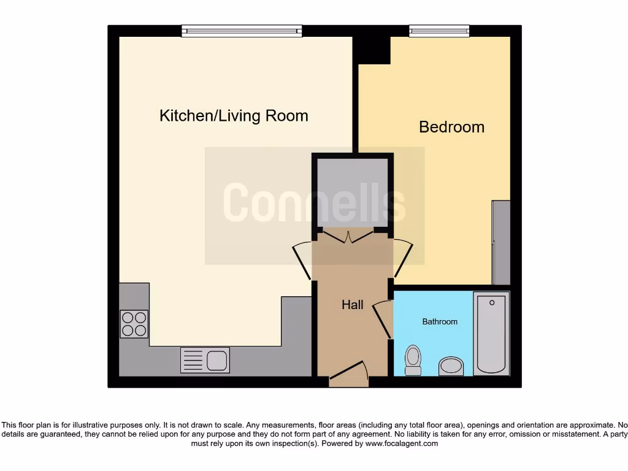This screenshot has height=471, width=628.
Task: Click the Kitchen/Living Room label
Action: [234, 116]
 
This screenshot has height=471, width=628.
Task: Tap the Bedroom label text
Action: [451, 127]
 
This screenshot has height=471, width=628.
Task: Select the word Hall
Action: [353, 305]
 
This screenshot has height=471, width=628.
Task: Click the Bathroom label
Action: [440, 321]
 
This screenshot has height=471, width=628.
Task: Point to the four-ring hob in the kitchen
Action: [134, 324]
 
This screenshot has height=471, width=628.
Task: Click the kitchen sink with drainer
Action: [205, 360]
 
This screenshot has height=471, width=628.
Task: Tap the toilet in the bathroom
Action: [413, 359]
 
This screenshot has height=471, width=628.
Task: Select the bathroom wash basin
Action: [452, 367]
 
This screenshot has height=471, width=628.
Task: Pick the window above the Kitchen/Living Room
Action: [242, 31]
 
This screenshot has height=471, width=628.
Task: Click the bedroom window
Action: [439, 31]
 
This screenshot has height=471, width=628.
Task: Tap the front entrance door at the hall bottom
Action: [348, 374]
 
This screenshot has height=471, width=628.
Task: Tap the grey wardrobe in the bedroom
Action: [502, 242]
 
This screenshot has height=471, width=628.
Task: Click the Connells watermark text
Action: [314, 203]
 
